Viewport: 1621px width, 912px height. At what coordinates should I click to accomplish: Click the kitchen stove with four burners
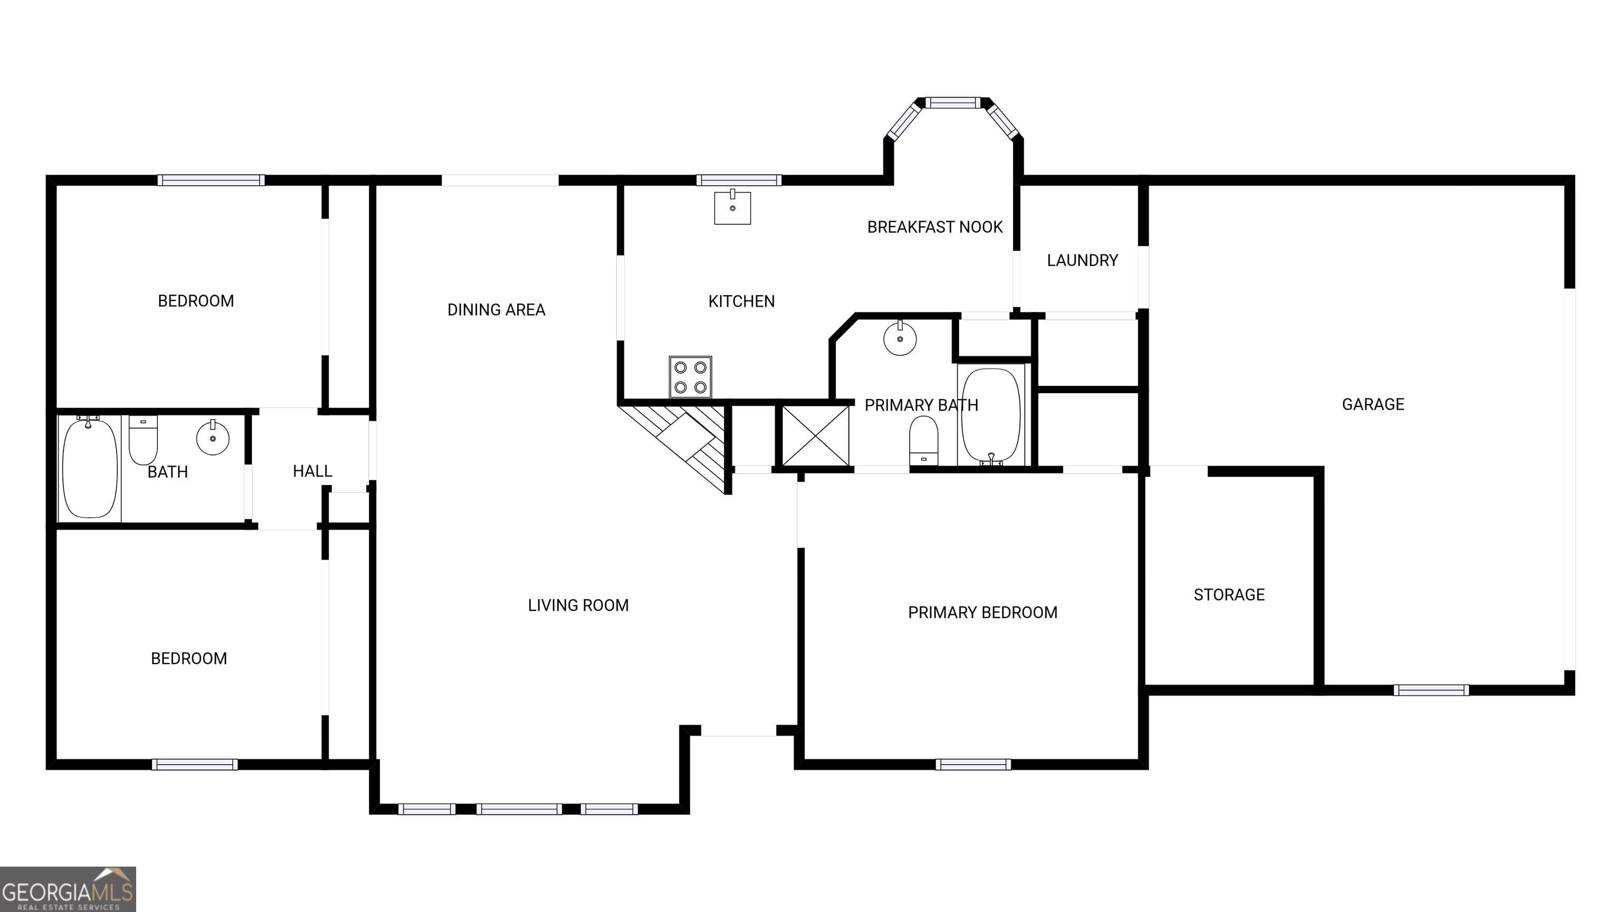pos(690,377)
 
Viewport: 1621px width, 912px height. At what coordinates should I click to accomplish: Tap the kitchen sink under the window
pos(732,208)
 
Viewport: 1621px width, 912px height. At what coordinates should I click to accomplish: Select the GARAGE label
pos(1372,404)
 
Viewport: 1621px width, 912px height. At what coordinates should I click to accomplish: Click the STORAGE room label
pos(1228,595)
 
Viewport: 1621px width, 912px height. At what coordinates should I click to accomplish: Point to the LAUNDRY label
pos(1082,260)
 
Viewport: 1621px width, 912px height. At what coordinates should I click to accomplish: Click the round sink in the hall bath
pos(213,438)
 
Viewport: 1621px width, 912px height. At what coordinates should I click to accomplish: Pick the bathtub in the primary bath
pos(990,416)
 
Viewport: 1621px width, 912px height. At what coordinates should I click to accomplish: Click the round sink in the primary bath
pos(900,339)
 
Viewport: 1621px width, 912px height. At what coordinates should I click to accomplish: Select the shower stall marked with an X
pos(815,435)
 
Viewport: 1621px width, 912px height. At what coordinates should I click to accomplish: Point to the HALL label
pos(312,471)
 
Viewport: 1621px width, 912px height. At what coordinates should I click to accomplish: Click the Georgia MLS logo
pos(68,889)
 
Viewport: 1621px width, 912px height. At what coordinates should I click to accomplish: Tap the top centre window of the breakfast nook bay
pos(953,102)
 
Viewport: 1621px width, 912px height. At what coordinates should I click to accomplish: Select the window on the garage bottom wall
pos(1431,690)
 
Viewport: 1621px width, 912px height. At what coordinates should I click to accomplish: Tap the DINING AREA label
pos(496,310)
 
